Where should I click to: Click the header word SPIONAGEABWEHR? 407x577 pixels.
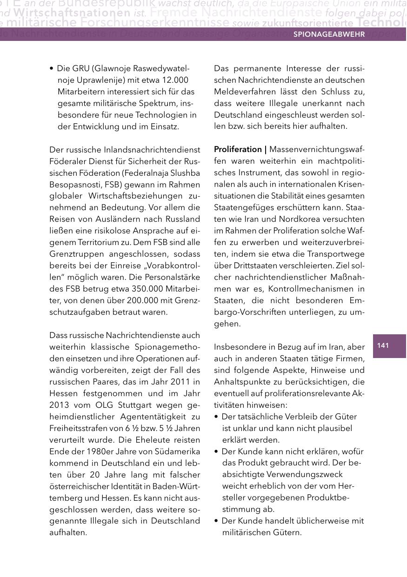[328, 34]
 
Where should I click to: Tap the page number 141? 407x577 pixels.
[383, 345]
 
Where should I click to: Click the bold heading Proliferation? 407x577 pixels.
[238, 149]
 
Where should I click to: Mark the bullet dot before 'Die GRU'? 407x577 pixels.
[51, 69]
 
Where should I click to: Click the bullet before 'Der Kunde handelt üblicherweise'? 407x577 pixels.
[216, 521]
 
